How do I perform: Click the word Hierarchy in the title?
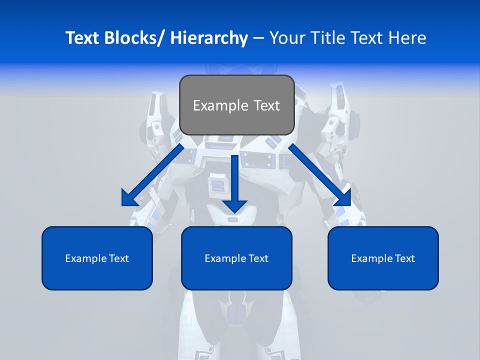click(x=209, y=38)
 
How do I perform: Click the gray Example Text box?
click(x=236, y=105)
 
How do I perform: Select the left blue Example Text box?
click(x=97, y=258)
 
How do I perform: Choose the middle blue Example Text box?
click(x=236, y=258)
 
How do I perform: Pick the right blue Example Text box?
click(x=383, y=258)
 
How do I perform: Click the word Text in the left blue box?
click(x=118, y=258)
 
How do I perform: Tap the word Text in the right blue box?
click(x=404, y=258)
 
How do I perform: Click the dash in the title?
click(x=258, y=38)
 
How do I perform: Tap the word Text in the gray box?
click(x=265, y=105)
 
